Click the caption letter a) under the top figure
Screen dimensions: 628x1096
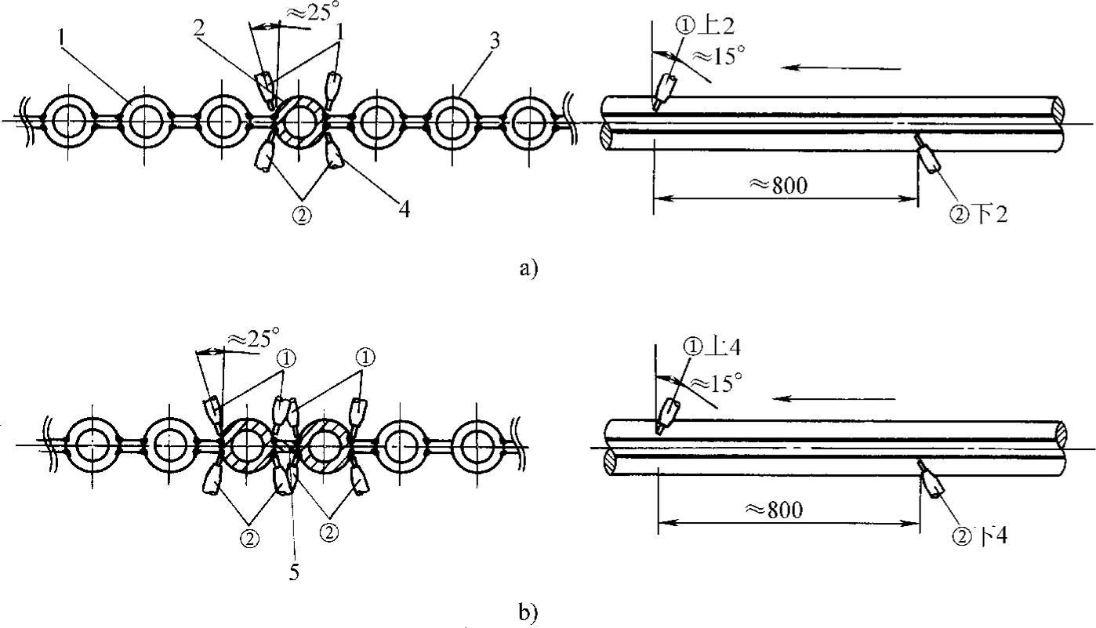pyautogui.click(x=528, y=269)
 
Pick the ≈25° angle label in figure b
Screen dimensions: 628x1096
pyautogui.click(x=252, y=339)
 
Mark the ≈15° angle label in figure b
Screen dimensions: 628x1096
pyautogui.click(x=715, y=382)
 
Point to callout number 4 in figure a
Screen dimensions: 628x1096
pyautogui.click(x=405, y=209)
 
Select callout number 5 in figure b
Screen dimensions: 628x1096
pyautogui.click(x=293, y=572)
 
